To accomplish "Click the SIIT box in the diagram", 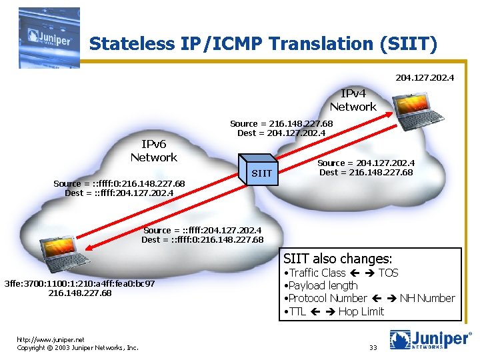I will (x=261, y=173).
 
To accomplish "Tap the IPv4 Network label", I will (x=353, y=101).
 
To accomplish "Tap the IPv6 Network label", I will (x=153, y=151).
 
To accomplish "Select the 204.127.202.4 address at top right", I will (x=425, y=77).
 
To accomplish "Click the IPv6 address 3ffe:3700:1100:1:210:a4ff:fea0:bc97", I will (x=79, y=283).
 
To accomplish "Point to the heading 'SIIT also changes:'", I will (x=338, y=258).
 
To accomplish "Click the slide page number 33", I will (x=373, y=347).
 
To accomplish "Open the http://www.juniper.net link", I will (x=51, y=339).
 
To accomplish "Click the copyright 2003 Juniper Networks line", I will (x=77, y=347).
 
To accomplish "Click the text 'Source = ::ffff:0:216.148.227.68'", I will (x=119, y=183).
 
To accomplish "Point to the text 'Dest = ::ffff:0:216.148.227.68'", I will (x=202, y=239).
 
